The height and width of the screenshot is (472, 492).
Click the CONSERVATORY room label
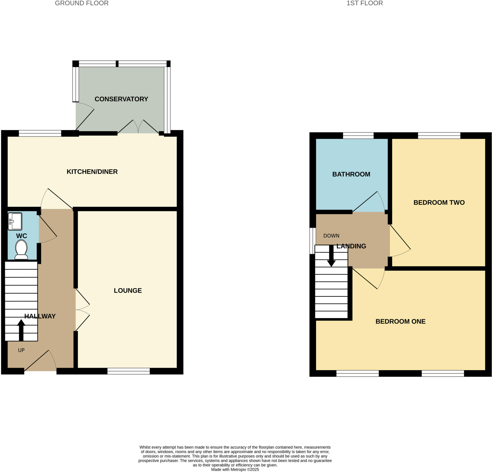tap(121, 99)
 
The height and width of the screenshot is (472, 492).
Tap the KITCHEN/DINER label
tap(92, 172)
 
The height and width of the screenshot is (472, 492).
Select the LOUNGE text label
tap(128, 290)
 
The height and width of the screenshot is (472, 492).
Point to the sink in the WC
tap(15, 221)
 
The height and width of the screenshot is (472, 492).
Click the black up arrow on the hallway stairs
tap(21, 330)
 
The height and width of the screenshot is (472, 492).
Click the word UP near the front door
tap(21, 350)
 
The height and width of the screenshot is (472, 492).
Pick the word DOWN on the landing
tap(331, 236)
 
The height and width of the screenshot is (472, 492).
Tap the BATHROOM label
tap(351, 174)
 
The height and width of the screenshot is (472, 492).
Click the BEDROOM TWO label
tap(439, 202)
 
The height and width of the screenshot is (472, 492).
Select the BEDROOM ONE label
tap(400, 321)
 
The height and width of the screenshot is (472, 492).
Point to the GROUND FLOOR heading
tap(82, 3)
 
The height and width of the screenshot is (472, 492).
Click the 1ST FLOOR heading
tap(364, 3)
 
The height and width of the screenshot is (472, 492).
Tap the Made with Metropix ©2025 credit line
tap(235, 469)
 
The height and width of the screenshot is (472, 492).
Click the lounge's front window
tap(129, 371)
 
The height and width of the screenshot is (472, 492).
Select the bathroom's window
tap(358, 135)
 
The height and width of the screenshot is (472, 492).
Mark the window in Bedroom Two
tap(439, 135)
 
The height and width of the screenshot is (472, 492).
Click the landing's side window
tap(313, 241)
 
